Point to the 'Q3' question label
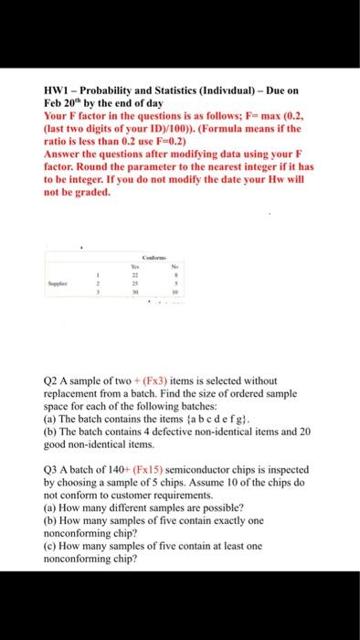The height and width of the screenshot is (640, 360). tap(52, 467)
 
